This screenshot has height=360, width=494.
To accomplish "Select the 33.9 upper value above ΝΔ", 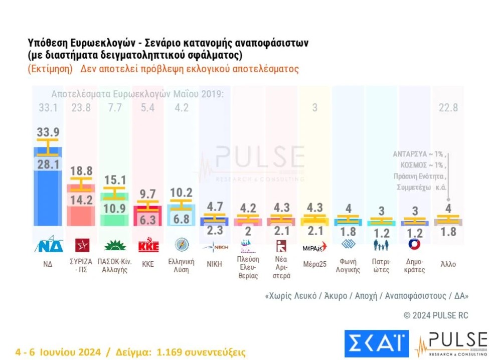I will pyautogui.click(x=47, y=132).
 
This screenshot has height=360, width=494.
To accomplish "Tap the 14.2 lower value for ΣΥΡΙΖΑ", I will pyautogui.click(x=81, y=200).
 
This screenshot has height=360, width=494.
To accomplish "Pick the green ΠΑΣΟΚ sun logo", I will pyautogui.click(x=115, y=245).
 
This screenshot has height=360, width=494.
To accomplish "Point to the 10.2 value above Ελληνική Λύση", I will pyautogui.click(x=181, y=193).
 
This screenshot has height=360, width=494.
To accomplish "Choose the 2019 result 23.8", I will pyautogui.click(x=81, y=107).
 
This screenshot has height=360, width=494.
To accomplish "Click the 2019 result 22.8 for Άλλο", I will pyautogui.click(x=448, y=107).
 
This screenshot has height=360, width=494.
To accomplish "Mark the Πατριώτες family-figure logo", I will pyautogui.click(x=381, y=245).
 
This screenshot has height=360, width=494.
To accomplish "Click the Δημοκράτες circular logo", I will pyautogui.click(x=415, y=244).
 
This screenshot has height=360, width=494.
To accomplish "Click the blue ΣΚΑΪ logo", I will pyautogui.click(x=376, y=343).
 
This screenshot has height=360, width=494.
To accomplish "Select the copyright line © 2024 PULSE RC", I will pyautogui.click(x=435, y=315).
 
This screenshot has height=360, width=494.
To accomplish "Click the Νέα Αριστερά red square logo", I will pyautogui.click(x=281, y=245).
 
